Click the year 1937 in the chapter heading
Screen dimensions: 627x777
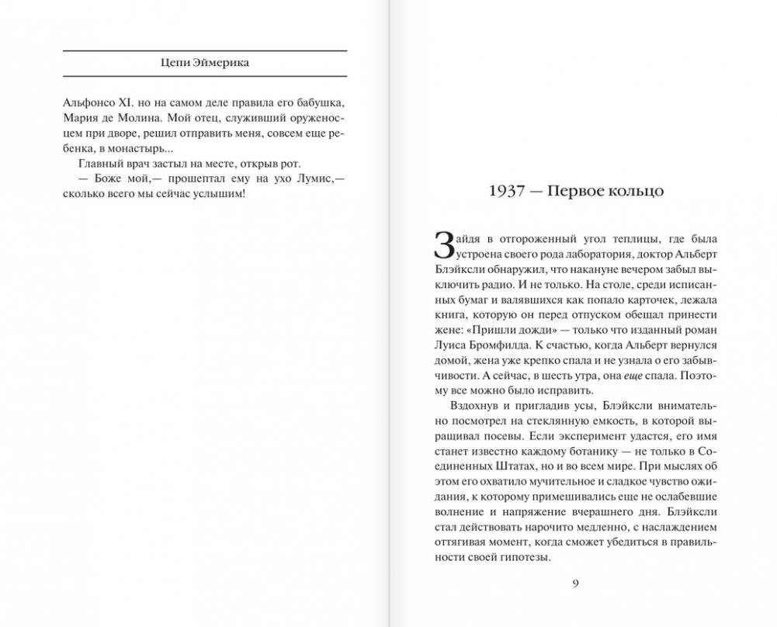pyautogui.click(x=508, y=192)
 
